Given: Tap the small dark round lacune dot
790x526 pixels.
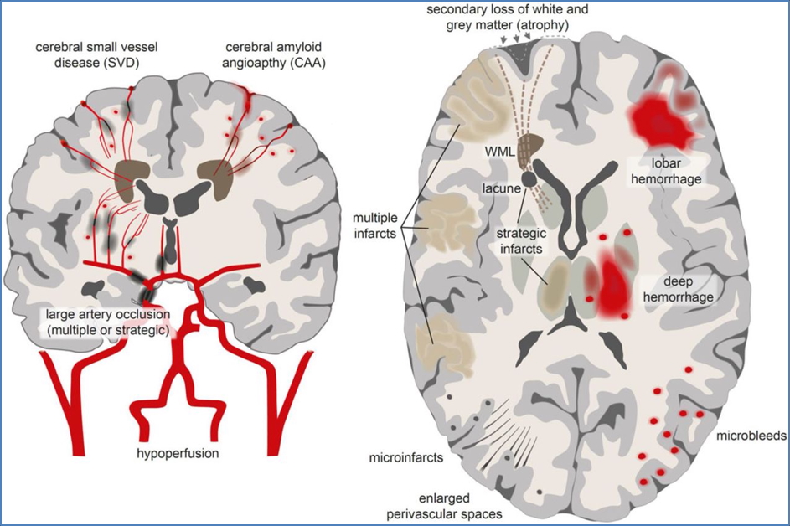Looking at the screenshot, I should click(529, 179).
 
